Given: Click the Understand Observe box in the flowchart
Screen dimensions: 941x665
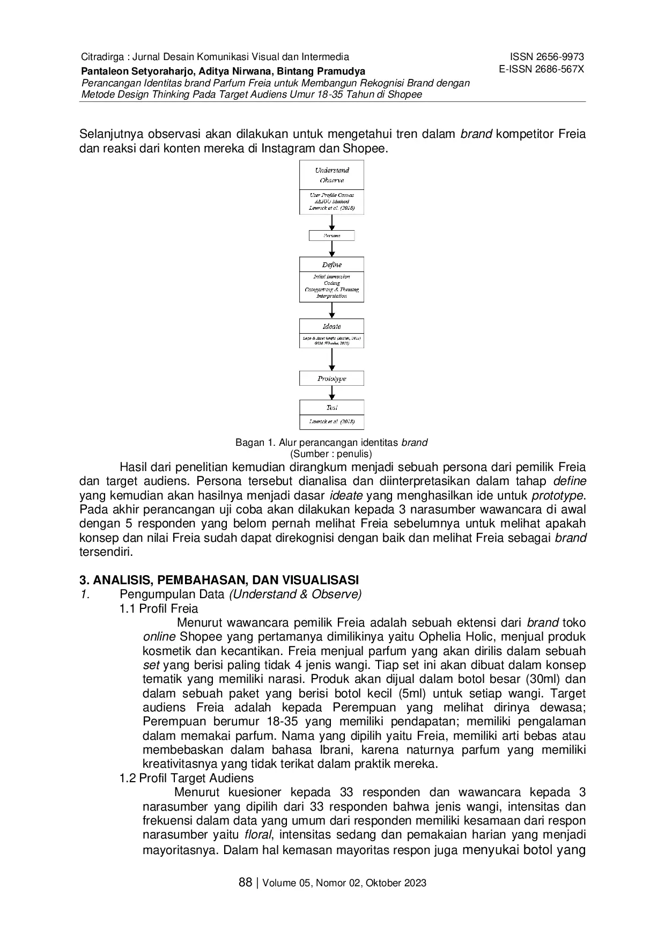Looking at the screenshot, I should click(331, 187).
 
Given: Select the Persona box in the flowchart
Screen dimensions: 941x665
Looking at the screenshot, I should click(331, 236).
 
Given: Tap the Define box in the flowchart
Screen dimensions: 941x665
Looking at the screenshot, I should click(331, 280).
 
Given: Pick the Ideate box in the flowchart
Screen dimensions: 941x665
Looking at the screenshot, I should click(331, 333).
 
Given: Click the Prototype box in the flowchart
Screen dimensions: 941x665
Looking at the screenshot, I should click(331, 378).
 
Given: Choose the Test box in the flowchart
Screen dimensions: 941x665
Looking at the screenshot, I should click(331, 414).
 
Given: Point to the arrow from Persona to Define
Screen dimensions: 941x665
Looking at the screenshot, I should click(332, 249).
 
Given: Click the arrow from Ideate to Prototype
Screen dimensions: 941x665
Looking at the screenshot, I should click(332, 359).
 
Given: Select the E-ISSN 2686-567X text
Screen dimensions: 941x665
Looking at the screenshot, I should click(541, 69).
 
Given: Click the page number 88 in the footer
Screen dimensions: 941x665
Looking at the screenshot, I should click(245, 882).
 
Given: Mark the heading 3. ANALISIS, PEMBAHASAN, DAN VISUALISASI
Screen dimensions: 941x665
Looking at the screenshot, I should click(219, 580).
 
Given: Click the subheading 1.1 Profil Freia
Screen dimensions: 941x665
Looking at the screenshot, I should click(159, 608).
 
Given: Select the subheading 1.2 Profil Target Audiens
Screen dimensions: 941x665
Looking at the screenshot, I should click(187, 778).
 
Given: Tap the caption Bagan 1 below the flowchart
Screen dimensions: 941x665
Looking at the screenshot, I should click(331, 443).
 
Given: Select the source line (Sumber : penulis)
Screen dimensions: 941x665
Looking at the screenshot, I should click(331, 453).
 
